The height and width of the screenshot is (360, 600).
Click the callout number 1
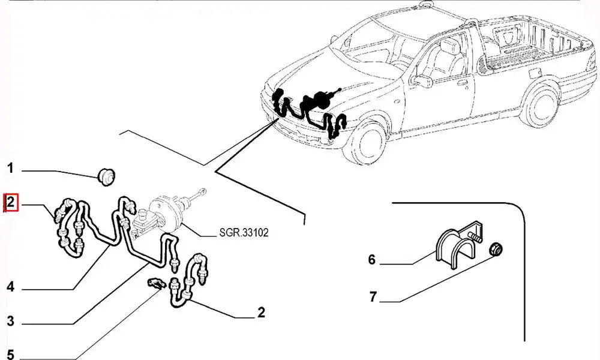(10, 169)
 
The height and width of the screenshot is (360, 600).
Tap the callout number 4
(10, 287)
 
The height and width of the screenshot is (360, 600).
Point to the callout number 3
(10, 320)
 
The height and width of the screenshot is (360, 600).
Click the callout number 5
(10, 354)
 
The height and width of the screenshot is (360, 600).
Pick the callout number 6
(372, 260)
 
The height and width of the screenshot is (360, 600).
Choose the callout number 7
(372, 296)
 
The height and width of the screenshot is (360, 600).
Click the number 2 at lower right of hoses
(261, 312)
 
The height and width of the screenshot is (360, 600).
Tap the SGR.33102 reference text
(238, 232)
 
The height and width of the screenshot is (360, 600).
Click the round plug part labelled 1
(107, 176)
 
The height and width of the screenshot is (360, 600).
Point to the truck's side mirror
(424, 80)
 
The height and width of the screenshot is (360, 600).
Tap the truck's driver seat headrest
(446, 46)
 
